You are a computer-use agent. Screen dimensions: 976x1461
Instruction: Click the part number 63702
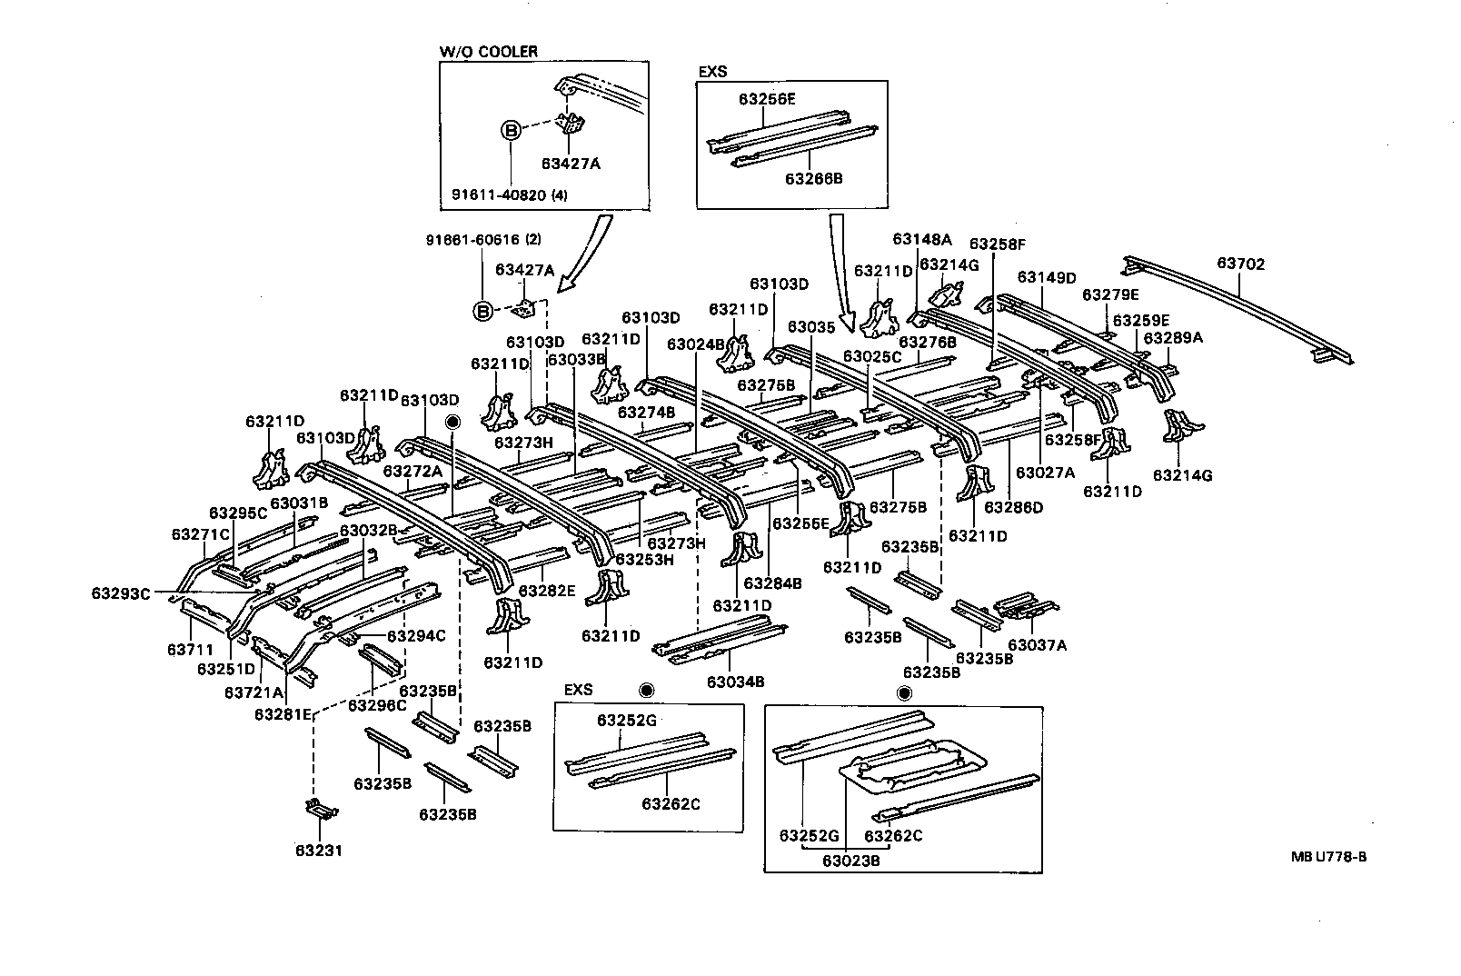pyautogui.click(x=1240, y=264)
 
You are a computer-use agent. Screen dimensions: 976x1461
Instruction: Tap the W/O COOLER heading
pyautogui.click(x=488, y=52)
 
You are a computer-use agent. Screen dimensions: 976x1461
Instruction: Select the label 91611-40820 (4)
pyautogui.click(x=509, y=194)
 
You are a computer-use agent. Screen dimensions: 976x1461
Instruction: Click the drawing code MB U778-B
pyautogui.click(x=1327, y=856)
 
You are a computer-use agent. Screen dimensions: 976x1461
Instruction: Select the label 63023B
pyautogui.click(x=850, y=860)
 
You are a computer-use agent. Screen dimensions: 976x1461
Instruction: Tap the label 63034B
pyautogui.click(x=735, y=682)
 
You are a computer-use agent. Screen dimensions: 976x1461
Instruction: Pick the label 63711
pyautogui.click(x=190, y=650)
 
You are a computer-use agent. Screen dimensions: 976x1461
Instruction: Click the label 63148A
pyautogui.click(x=921, y=239)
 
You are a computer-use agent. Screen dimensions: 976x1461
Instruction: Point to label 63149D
pyautogui.click(x=1046, y=277)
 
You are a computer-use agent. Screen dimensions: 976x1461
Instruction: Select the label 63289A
pyautogui.click(x=1172, y=338)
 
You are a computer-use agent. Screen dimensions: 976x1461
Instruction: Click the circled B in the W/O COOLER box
pyautogui.click(x=511, y=131)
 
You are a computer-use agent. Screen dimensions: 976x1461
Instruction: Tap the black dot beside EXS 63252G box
pyautogui.click(x=647, y=690)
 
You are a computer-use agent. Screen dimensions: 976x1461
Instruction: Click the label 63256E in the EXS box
pyautogui.click(x=767, y=99)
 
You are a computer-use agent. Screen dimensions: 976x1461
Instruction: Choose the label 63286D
pyautogui.click(x=1014, y=507)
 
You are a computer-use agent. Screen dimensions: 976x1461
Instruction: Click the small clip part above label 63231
pyautogui.click(x=319, y=808)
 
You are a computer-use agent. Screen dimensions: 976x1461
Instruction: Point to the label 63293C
pyautogui.click(x=120, y=593)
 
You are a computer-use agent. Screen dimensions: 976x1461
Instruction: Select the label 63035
pyautogui.click(x=810, y=326)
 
